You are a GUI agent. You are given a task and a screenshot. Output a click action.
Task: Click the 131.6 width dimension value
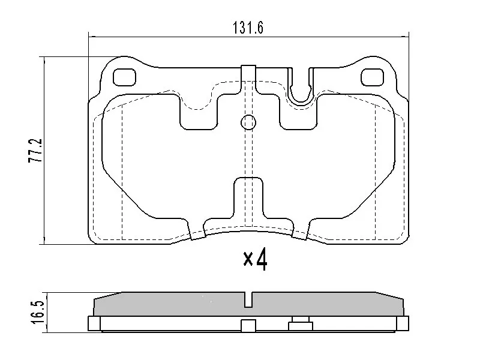[248, 28]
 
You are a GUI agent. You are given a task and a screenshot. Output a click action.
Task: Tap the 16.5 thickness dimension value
[38, 312]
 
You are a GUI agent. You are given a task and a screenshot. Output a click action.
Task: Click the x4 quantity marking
[256, 259]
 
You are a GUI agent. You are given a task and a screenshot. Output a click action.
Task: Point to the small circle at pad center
[248, 122]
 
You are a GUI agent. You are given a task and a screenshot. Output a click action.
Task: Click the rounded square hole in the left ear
[124, 77]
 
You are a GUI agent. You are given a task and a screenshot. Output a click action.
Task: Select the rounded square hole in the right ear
[372, 77]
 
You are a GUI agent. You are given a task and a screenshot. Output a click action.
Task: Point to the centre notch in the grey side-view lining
[248, 299]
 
